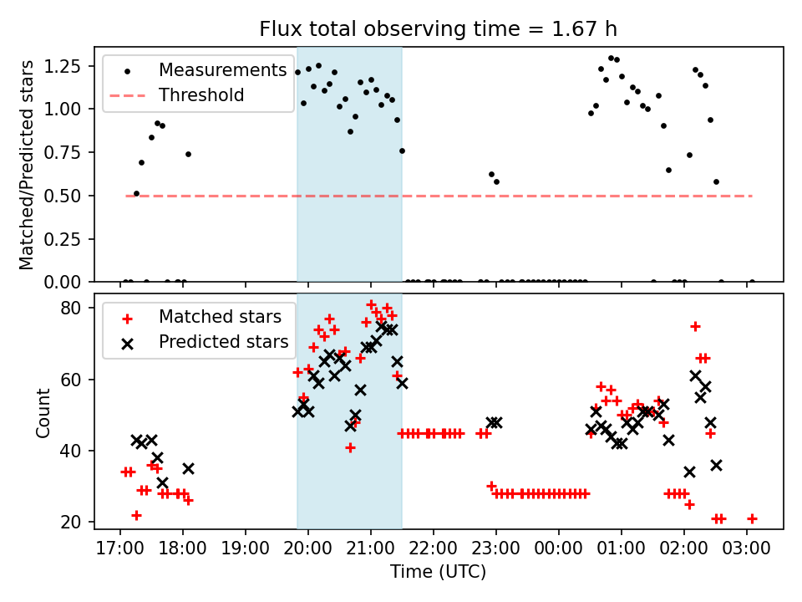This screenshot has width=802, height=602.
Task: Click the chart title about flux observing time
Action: (439, 29)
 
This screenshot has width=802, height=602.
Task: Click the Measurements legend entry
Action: (222, 70)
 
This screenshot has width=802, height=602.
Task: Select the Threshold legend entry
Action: (201, 95)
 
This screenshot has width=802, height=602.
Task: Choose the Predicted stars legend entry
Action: (224, 342)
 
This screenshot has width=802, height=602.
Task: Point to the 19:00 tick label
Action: (246, 550)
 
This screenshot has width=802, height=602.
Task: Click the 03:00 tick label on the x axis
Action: (746, 550)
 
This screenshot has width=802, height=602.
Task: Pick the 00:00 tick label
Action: (558, 550)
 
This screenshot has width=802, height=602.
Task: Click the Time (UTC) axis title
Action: (438, 573)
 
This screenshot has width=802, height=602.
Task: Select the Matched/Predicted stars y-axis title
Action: (27, 165)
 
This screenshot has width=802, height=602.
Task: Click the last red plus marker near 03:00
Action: (752, 518)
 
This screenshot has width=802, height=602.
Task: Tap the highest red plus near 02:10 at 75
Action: (694, 326)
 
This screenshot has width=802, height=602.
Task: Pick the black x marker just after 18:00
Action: (188, 469)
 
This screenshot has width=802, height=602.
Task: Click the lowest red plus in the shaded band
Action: (350, 447)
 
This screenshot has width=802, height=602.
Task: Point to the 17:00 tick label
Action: (120, 550)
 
